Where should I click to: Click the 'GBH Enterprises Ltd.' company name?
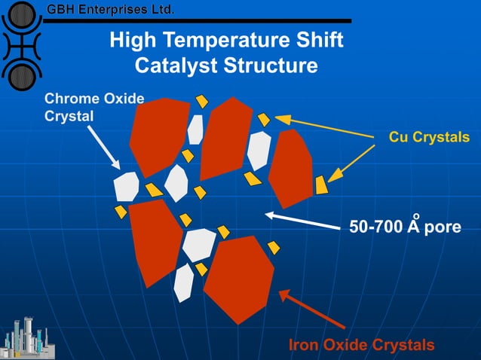click(x=111, y=10)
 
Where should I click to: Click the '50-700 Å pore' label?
click(x=404, y=226)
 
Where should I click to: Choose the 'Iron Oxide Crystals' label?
click(x=362, y=345)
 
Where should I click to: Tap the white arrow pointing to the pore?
click(x=301, y=221)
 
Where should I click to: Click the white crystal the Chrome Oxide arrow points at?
click(x=126, y=186)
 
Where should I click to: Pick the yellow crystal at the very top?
click(x=202, y=101)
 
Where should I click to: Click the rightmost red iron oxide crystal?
click(x=290, y=168)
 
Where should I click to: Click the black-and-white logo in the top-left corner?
click(x=20, y=43)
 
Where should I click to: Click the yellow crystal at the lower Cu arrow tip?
click(x=322, y=185)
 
